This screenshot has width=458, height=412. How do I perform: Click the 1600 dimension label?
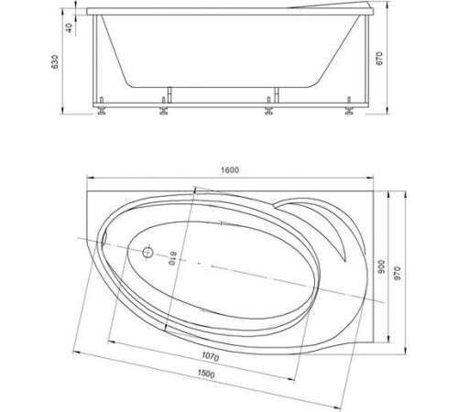pyautogui.click(x=230, y=170)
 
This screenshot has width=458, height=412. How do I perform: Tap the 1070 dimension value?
pyautogui.click(x=211, y=357)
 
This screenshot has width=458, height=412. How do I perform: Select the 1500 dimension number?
pyautogui.click(x=206, y=374)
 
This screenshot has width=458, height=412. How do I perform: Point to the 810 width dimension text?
pyautogui.click(x=172, y=258)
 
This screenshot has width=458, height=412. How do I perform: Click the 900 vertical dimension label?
pyautogui.click(x=381, y=266)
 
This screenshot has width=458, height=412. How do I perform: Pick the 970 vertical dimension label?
pyautogui.click(x=397, y=273)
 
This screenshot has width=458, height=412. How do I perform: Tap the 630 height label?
pyautogui.click(x=54, y=61)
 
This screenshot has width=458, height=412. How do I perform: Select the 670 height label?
pyautogui.click(x=378, y=59)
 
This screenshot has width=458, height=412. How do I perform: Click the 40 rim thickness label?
pyautogui.click(x=69, y=28)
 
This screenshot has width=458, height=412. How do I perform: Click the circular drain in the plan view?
pyautogui.click(x=147, y=253)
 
